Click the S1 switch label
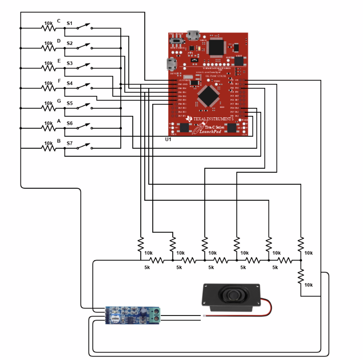[x=70, y=23]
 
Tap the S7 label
[x=70, y=143]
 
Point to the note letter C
[x=58, y=21]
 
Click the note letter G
[x=58, y=101]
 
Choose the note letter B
[x=58, y=141]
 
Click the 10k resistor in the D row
[x=48, y=48]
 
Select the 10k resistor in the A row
[x=48, y=128]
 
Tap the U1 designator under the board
[x=168, y=139]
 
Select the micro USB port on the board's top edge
[x=193, y=35]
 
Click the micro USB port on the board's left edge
[x=172, y=64]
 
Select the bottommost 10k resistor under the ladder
[x=301, y=277]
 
